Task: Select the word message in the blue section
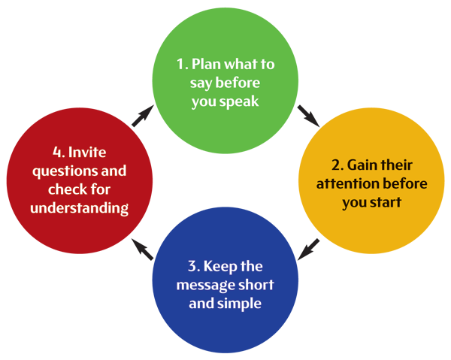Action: coord(204,286)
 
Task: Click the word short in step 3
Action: coord(253,286)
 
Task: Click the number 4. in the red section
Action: coord(38,151)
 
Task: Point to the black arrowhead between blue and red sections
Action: coord(138,249)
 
